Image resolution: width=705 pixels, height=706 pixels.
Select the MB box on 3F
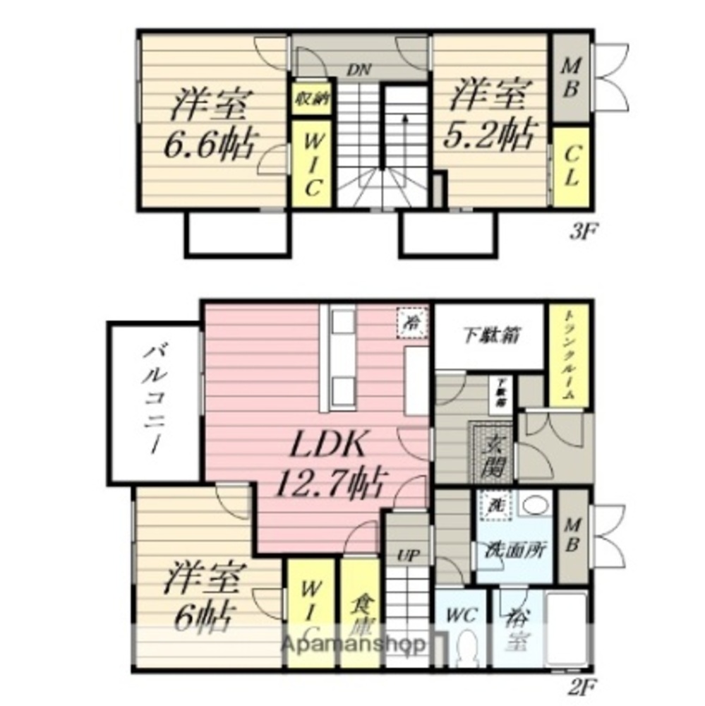click(x=570, y=78)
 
